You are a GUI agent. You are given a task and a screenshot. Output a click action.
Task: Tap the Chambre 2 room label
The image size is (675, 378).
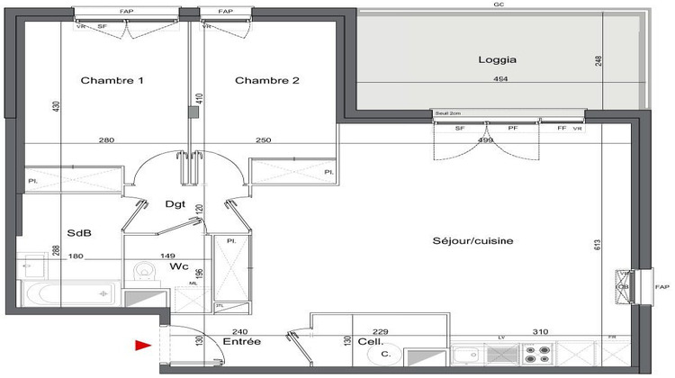[x=266, y=81]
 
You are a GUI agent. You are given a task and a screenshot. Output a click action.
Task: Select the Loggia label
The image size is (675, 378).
[x=496, y=61]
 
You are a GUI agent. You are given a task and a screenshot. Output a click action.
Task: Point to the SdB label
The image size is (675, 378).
[x=79, y=231]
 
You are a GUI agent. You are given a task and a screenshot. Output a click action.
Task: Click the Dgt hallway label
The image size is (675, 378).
[x=175, y=204]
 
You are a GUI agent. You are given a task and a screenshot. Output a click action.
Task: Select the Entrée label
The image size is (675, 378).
[x=242, y=342]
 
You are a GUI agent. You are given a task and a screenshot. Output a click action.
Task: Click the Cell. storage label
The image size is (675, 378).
[x=371, y=342]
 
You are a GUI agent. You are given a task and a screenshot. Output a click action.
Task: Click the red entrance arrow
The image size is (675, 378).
[x=142, y=344]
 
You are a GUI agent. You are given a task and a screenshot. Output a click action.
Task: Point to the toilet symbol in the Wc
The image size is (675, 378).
[x=144, y=271]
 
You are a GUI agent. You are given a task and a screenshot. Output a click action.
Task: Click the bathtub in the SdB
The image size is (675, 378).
[x=68, y=293]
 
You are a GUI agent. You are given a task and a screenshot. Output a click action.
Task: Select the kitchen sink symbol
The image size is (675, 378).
[x=468, y=357]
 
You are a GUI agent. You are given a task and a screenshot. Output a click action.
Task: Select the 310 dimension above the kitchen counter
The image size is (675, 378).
[x=539, y=331]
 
